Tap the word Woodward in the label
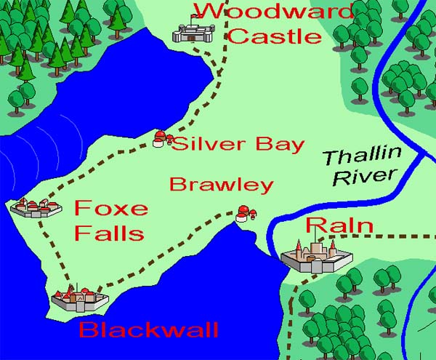click(272, 11)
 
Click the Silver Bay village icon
click(161, 138)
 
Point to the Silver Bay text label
click(238, 143)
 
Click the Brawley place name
click(221, 185)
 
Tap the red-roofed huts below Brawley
click(244, 214)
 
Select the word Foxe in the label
click(111, 209)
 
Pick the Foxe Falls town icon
click(36, 208)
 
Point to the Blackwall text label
click(148, 330)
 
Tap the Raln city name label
click(339, 225)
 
